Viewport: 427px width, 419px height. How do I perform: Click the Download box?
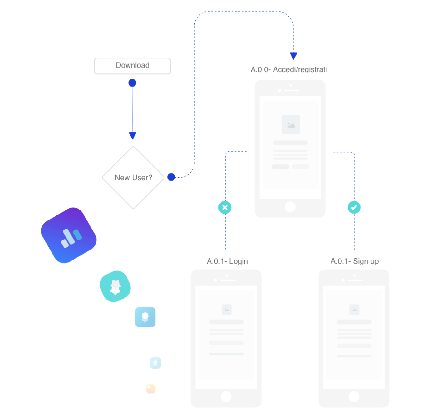[132, 66]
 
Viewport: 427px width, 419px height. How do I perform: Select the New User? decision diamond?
[133, 178]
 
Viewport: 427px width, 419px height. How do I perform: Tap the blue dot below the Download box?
[132, 83]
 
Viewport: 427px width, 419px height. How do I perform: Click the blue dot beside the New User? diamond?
[171, 177]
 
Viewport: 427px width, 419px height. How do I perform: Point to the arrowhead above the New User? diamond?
[133, 135]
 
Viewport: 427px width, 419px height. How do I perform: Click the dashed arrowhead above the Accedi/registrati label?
[293, 56]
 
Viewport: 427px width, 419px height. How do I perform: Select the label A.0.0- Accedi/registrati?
[289, 69]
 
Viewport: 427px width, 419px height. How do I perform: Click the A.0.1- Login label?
[227, 261]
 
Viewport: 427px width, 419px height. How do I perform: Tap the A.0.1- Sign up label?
[355, 261]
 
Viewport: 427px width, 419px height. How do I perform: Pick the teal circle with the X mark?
[225, 207]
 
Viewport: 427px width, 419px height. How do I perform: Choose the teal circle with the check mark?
[354, 207]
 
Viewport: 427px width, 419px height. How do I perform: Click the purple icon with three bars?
[69, 235]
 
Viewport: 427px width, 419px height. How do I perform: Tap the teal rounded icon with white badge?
[115, 286]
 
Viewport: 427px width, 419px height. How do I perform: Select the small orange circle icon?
[151, 389]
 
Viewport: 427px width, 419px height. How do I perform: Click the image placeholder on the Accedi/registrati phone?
[291, 125]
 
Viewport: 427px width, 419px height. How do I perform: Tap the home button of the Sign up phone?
[354, 396]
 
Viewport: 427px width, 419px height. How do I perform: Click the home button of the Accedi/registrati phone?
[290, 207]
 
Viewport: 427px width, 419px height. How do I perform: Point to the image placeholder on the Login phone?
[227, 310]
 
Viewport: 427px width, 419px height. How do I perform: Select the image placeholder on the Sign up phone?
[354, 310]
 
